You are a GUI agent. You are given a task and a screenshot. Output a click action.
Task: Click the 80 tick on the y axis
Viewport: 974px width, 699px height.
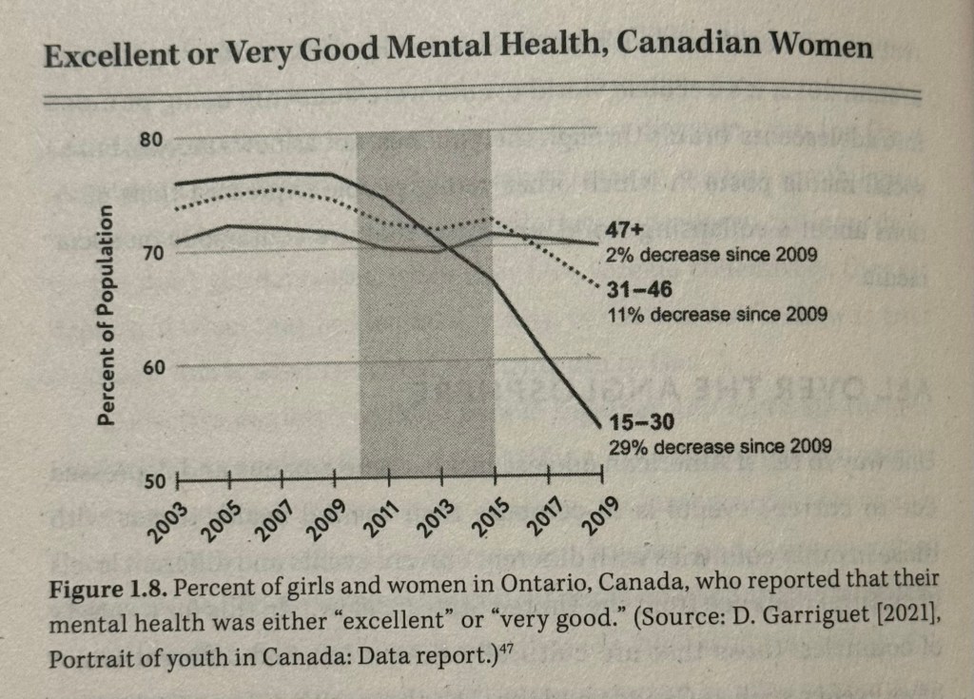[x=152, y=139]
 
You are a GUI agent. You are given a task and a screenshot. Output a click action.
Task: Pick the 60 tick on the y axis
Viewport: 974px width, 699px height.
[x=152, y=367]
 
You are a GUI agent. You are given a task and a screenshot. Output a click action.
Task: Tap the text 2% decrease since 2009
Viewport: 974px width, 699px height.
[x=711, y=255]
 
